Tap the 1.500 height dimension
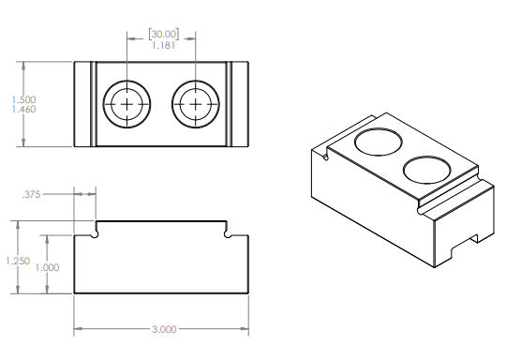[x=23, y=99]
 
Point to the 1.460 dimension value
[x=23, y=111]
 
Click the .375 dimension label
[x=32, y=194]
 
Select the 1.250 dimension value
[x=14, y=262]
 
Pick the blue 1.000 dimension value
[x=47, y=267]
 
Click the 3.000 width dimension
[x=160, y=330]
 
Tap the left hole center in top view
[x=127, y=104]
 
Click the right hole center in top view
[x=195, y=104]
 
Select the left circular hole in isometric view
[x=379, y=142]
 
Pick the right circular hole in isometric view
[x=426, y=169]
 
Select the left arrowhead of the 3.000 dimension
[x=78, y=330]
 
